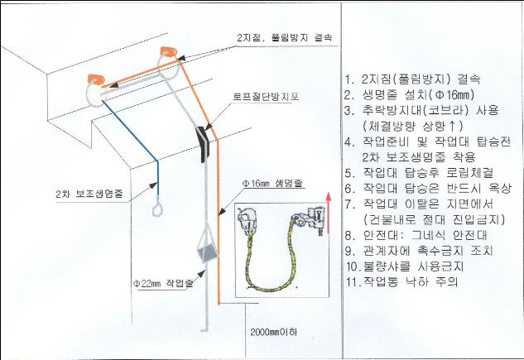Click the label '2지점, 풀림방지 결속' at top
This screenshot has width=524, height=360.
(x=285, y=38)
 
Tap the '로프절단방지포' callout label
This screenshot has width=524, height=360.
(x=266, y=97)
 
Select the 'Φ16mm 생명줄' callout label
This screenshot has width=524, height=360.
(x=273, y=184)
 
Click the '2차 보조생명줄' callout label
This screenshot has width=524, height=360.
(x=89, y=194)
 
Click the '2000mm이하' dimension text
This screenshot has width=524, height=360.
(x=273, y=332)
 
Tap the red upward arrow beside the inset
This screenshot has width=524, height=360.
(x=329, y=213)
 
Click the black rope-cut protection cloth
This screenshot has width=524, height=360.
(x=203, y=144)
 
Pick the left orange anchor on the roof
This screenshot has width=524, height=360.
(x=95, y=79)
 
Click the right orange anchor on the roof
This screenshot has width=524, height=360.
(x=169, y=52)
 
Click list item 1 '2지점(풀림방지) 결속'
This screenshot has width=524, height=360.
(x=413, y=79)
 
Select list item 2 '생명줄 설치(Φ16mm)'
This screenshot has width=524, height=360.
(x=410, y=95)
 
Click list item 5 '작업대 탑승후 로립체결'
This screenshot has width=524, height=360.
(x=419, y=173)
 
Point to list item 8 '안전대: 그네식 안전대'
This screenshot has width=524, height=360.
(x=416, y=235)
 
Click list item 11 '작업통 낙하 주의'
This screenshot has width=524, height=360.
(x=401, y=282)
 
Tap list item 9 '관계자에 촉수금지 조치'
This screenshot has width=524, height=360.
(x=419, y=251)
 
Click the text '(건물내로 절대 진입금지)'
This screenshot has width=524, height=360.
(x=434, y=219)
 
